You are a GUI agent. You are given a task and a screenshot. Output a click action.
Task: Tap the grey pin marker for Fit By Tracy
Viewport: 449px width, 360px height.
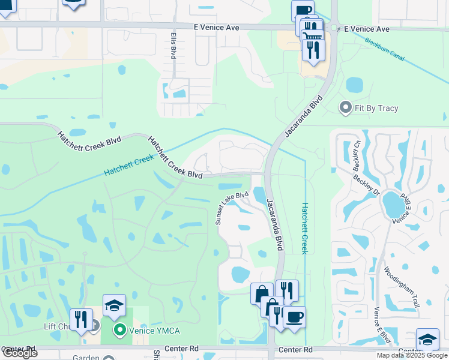tap(345, 108)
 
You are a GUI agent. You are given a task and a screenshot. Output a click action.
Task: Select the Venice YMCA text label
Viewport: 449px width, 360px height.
tap(157, 329)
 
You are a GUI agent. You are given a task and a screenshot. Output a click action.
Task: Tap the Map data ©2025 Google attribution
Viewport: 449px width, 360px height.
tap(412, 355)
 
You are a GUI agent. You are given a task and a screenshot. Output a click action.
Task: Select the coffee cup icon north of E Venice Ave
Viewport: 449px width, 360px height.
tap(303, 10)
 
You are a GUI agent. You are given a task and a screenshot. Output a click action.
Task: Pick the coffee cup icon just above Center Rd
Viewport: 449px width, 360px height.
tap(294, 317)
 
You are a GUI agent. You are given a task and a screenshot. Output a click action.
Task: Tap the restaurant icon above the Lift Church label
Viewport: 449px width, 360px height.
tap(81, 319)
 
